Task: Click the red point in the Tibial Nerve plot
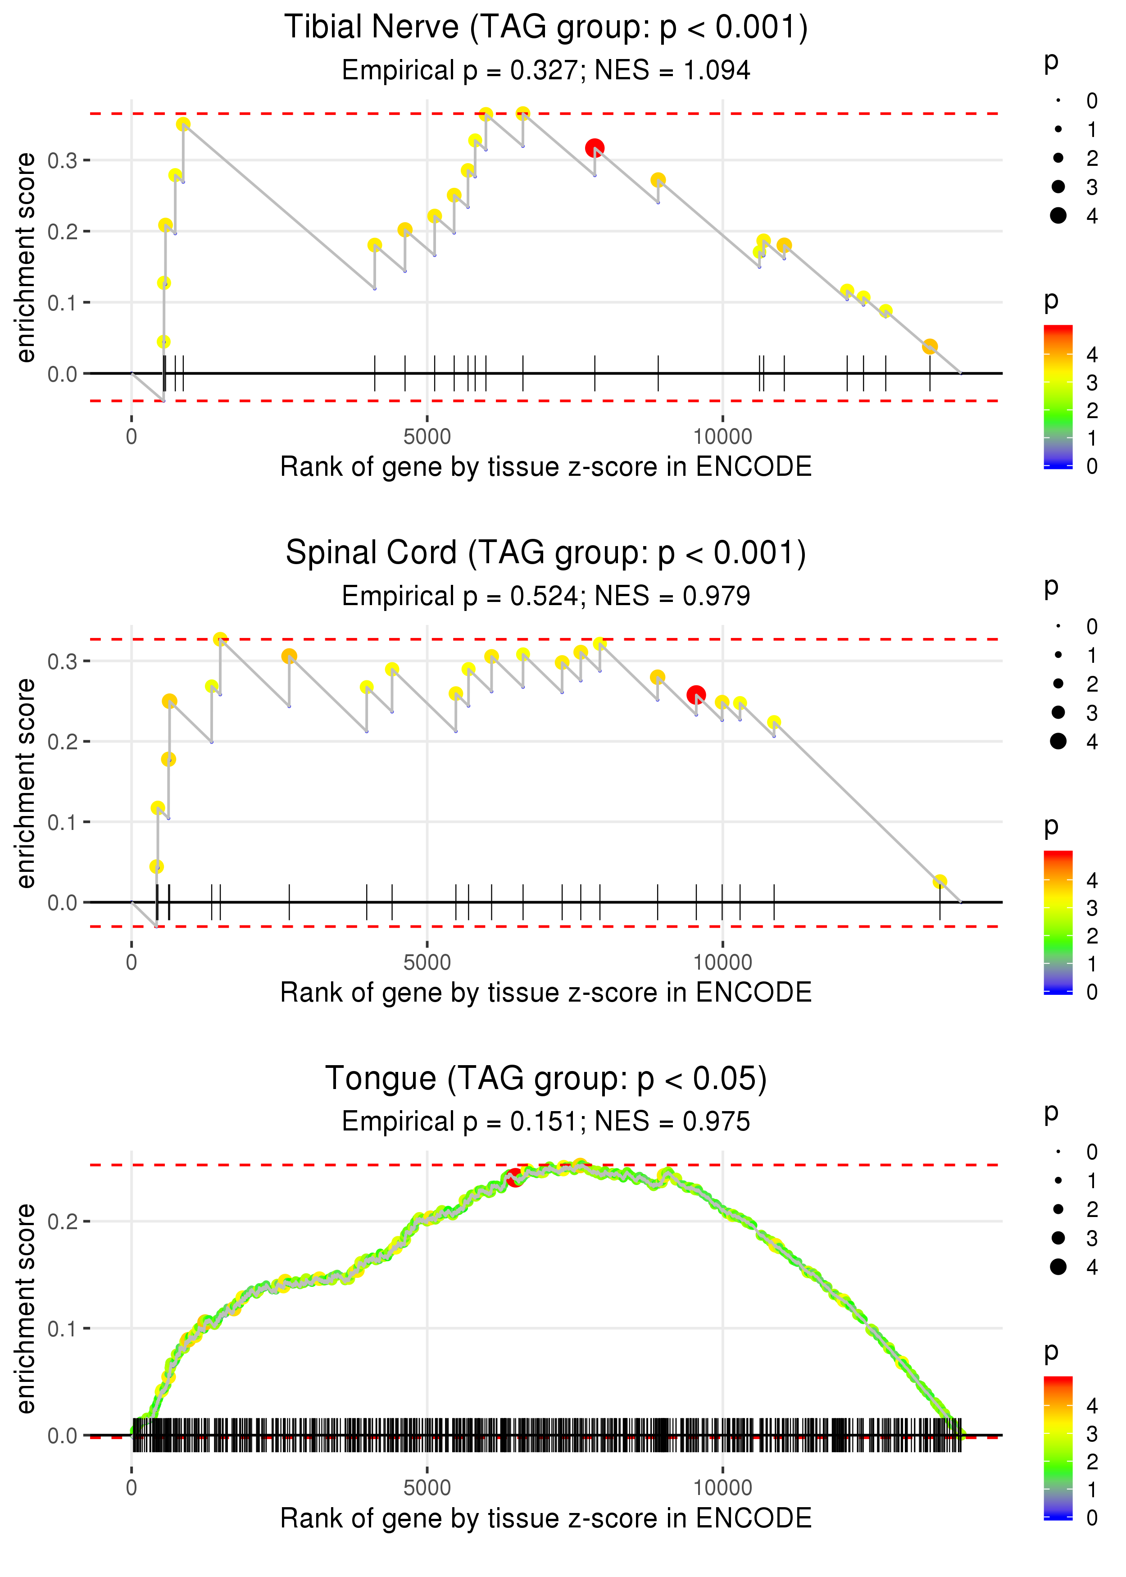594,148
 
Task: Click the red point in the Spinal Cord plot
696,694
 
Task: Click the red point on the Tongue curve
514,1177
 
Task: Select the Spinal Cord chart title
546,553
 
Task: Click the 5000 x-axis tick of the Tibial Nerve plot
427,437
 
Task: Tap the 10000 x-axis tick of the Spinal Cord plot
722,962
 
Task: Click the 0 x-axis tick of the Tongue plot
132,1488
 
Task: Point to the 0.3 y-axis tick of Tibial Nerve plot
63,160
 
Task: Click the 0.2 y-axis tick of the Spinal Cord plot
63,741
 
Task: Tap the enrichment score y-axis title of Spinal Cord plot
26,783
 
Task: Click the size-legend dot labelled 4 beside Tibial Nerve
1058,216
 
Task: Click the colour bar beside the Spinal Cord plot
1058,922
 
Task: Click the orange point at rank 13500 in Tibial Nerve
930,346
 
